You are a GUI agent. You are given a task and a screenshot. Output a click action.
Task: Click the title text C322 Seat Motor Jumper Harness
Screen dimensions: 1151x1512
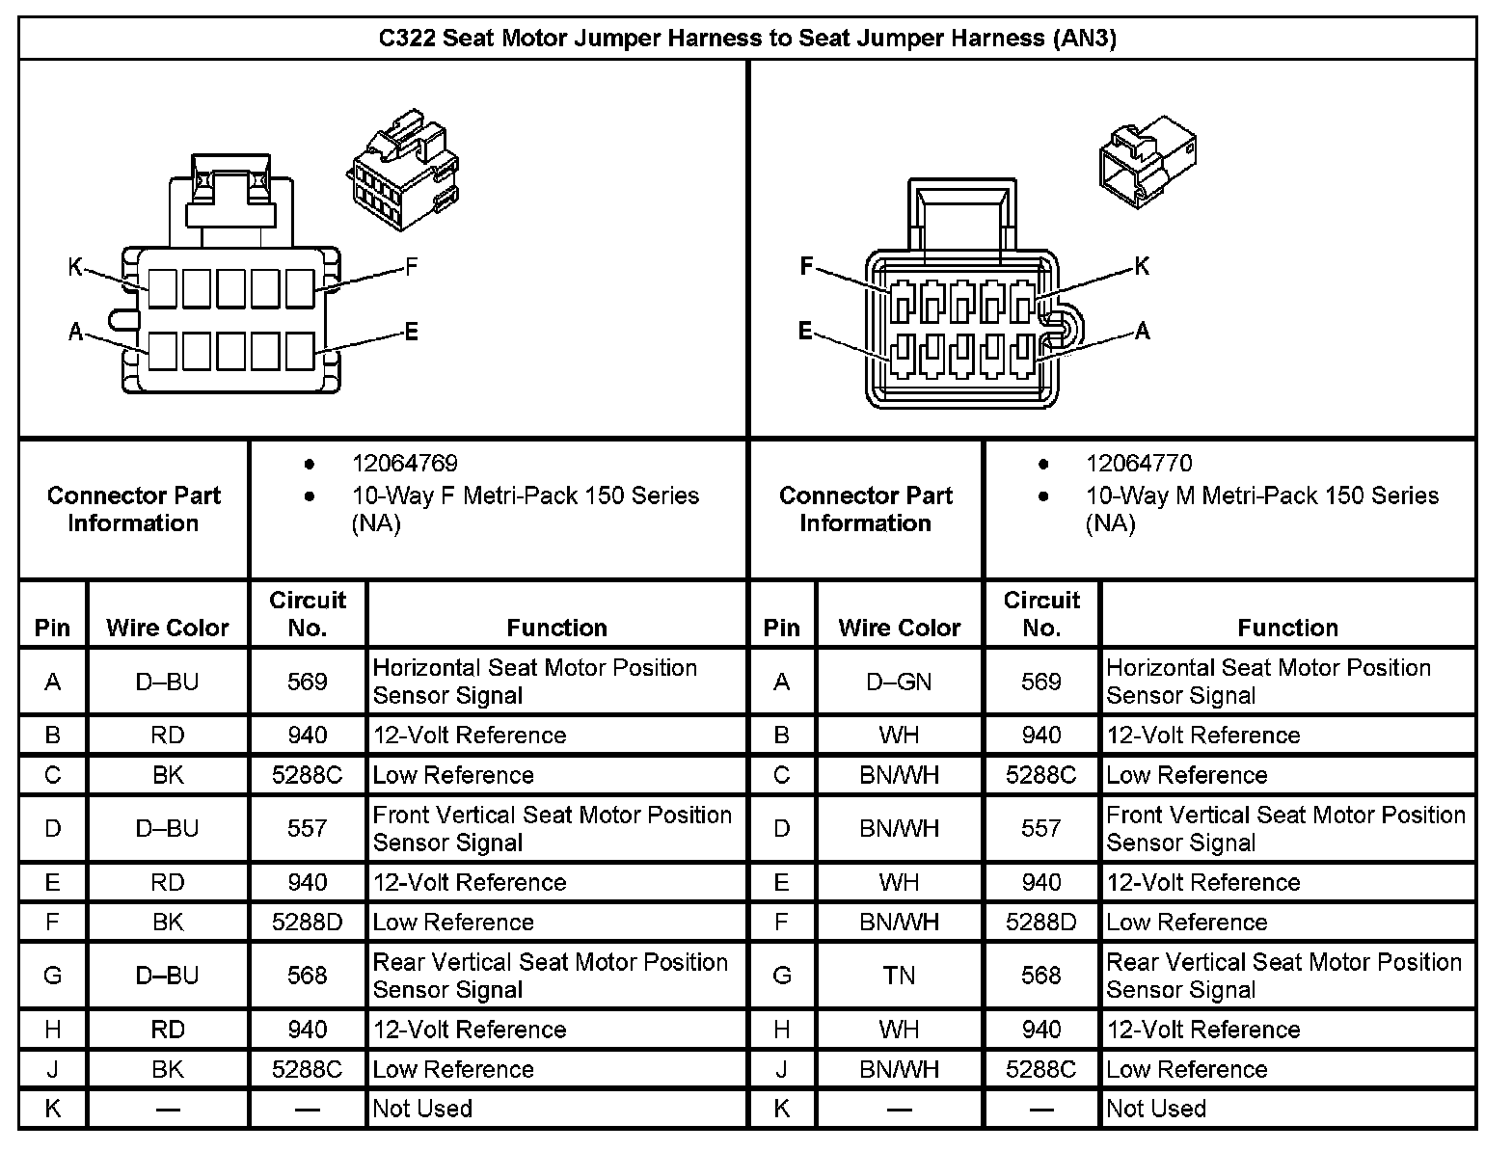point(746,39)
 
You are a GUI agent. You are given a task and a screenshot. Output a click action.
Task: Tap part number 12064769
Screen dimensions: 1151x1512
point(404,464)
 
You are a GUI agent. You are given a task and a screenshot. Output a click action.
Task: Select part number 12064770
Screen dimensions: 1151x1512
point(1139,464)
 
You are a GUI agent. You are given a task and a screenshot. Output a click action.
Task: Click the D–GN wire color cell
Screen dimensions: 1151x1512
point(899,683)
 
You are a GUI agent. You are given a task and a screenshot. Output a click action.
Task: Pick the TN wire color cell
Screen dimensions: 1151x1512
point(899,977)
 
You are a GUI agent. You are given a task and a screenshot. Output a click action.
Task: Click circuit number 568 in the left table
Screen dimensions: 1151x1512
point(307,977)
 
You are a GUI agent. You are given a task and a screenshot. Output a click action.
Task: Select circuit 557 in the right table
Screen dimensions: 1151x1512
point(1040,829)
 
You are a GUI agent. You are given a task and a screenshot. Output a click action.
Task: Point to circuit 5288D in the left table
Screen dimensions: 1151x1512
point(307,923)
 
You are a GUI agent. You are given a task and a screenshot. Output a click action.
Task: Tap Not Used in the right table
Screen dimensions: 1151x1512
point(1156,1110)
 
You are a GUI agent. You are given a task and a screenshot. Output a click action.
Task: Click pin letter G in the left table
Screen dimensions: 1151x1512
point(53,977)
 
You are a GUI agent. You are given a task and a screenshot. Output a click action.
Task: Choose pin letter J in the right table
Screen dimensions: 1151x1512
point(781,1070)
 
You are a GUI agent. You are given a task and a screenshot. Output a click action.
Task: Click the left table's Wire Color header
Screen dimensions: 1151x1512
point(168,629)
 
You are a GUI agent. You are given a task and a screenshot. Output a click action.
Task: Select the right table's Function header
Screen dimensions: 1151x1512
point(1287,629)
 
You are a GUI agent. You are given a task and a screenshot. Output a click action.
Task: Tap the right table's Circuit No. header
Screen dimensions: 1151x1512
point(1041,614)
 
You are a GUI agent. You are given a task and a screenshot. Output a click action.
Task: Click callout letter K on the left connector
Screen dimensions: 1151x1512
point(75,267)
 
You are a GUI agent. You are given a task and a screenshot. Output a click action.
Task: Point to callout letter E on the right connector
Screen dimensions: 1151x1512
point(805,332)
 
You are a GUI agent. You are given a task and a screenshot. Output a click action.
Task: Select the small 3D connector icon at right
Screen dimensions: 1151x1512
point(1148,160)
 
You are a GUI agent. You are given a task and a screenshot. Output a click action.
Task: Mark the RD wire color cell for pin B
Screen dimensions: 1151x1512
point(168,736)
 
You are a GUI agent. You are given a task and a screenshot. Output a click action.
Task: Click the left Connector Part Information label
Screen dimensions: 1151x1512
point(133,509)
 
